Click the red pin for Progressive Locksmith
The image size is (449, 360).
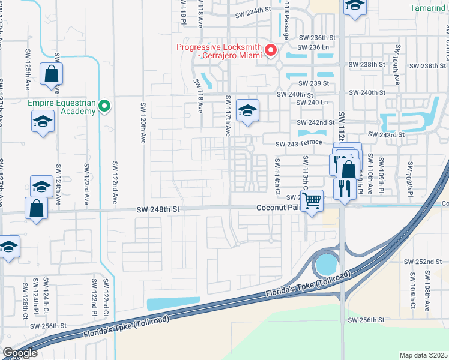(x=271, y=51)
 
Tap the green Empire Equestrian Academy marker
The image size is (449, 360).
(x=105, y=107)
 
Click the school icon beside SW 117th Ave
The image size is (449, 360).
(x=247, y=111)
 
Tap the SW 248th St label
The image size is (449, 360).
(x=158, y=208)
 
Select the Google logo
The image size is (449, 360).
(x=20, y=353)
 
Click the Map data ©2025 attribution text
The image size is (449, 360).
(x=424, y=355)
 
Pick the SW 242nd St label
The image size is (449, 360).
(x=316, y=122)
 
